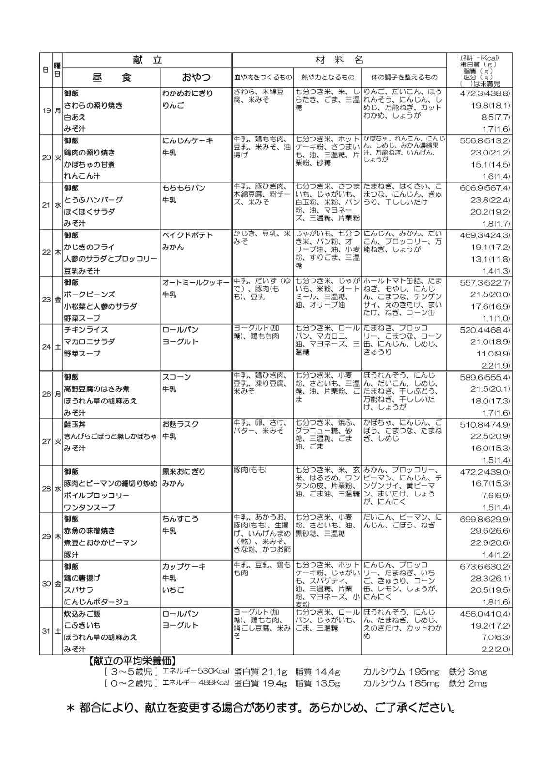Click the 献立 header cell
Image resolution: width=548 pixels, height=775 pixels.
tap(147, 60)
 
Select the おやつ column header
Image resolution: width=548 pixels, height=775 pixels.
tap(196, 77)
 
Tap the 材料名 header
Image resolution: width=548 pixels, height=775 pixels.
tap(339, 60)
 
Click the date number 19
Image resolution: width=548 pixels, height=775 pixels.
tap(46, 111)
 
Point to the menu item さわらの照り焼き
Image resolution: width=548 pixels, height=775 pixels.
tap(93, 105)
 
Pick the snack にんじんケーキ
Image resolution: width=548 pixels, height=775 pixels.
tap(188, 140)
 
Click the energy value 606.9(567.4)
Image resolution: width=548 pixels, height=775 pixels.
tap(485, 188)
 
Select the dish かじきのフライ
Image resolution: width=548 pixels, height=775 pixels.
tap(89, 247)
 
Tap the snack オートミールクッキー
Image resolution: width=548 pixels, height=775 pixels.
tap(196, 282)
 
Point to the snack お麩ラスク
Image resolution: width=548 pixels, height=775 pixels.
tap(180, 424)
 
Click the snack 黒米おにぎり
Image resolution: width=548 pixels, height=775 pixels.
tap(184, 472)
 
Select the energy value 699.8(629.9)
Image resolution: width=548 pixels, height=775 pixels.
tap(485, 519)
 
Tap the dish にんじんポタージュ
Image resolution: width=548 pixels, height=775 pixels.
tap(96, 602)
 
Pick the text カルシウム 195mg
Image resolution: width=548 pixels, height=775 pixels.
tap(401, 672)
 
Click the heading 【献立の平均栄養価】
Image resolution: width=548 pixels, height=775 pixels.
tap(132, 660)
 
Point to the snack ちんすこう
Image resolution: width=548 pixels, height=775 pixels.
tap(180, 519)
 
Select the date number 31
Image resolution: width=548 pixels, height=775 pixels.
tap(46, 631)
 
